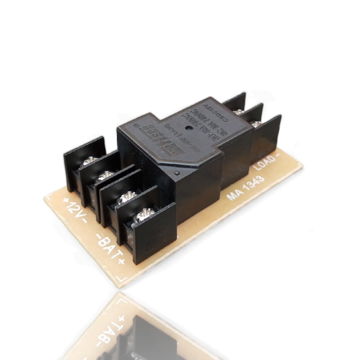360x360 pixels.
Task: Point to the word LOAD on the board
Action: tap(265, 163)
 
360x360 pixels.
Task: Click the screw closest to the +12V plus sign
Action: tap(90, 161)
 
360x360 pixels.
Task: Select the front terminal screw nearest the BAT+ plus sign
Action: tap(145, 215)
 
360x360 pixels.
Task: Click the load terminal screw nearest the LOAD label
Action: tap(256, 123)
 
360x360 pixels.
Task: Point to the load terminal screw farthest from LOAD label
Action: tap(239, 111)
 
